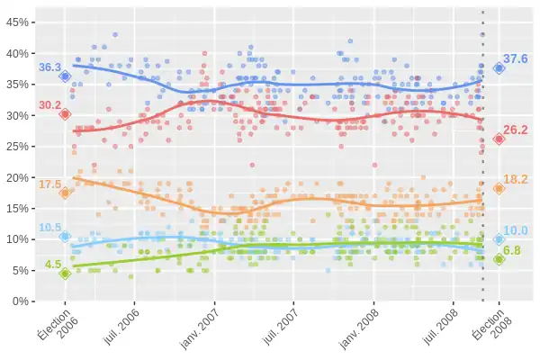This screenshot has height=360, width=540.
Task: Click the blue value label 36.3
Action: pos(49,67)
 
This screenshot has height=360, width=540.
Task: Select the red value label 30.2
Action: pos(49,105)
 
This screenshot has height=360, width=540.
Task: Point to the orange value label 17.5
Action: pos(49,184)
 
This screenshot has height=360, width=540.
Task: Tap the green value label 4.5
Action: pos(53,265)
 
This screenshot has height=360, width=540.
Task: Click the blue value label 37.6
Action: pos(516,59)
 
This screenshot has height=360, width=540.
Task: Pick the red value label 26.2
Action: pos(516,130)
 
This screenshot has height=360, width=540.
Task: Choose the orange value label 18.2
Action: pos(516,179)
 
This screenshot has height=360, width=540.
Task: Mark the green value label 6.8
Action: pos(513,251)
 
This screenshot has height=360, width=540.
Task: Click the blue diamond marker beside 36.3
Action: pos(65,76)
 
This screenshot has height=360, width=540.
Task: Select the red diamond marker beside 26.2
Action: pos(499,139)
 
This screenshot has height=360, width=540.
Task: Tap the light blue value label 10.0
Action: pos(516,230)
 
